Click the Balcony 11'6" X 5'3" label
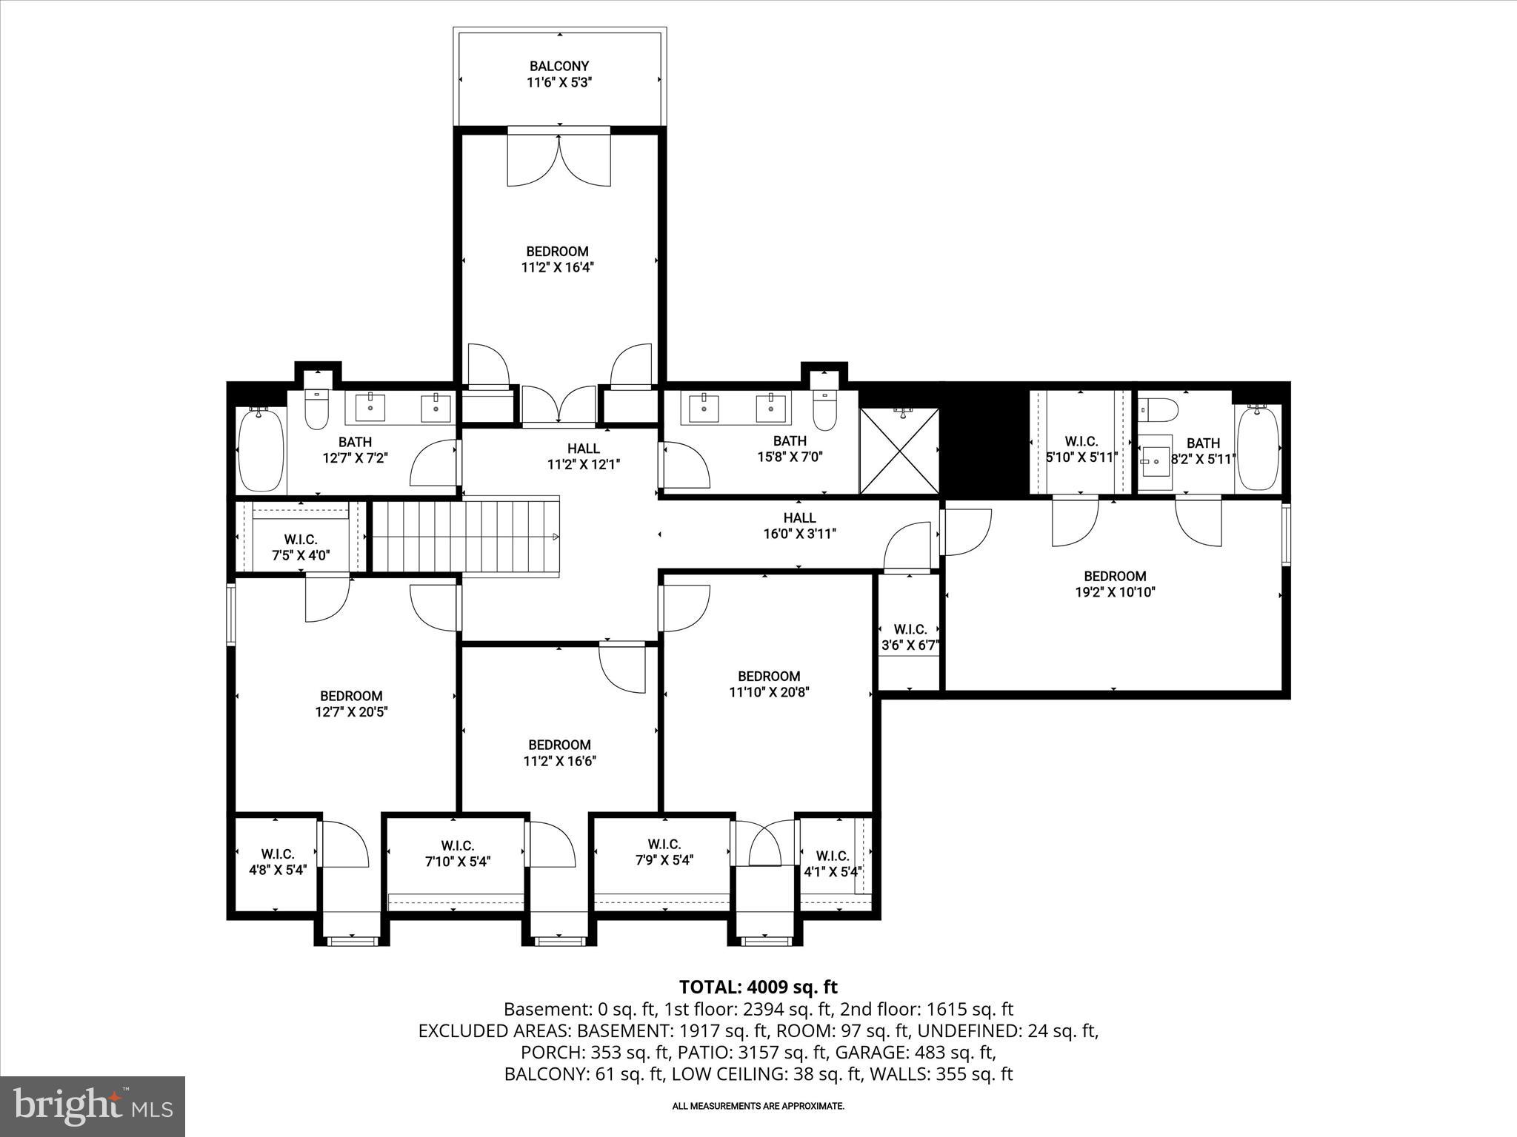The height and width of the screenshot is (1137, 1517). [x=559, y=75]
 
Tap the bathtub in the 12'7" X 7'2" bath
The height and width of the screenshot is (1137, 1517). [x=261, y=449]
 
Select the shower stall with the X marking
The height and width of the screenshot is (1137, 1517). [x=899, y=451]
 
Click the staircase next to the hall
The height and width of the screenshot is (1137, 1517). [x=465, y=535]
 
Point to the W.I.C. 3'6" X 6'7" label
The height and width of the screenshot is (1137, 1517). [x=910, y=637]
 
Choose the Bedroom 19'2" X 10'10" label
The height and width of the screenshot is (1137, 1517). [x=1115, y=584]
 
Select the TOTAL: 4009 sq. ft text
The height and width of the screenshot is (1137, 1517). [x=758, y=987]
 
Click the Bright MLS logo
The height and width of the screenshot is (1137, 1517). [x=93, y=1106]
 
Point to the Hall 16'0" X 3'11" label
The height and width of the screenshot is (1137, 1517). [x=799, y=526]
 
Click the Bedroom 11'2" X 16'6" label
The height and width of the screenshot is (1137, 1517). [x=559, y=753]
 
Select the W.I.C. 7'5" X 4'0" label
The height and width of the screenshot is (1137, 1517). [x=300, y=547]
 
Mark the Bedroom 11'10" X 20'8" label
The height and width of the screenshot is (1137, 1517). [x=768, y=684]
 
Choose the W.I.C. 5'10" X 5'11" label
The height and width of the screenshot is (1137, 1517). [x=1081, y=449]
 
